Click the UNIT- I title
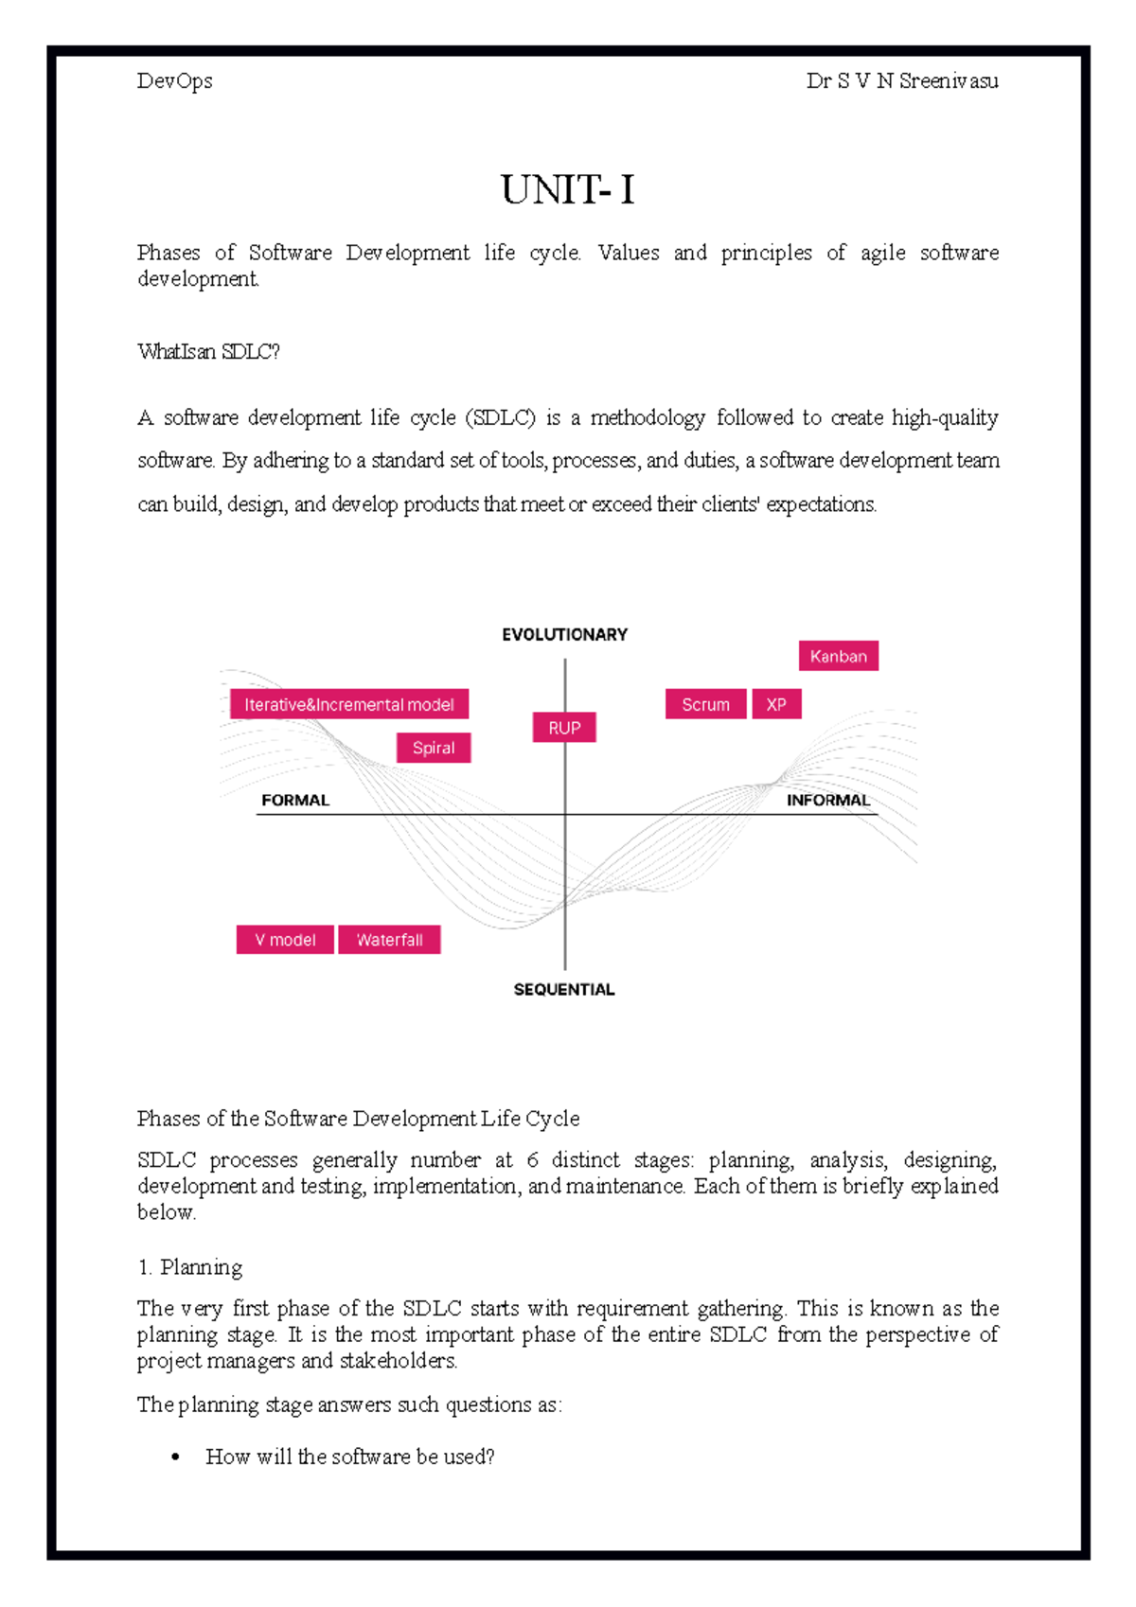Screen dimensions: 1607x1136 click(x=567, y=190)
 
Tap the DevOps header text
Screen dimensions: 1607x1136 click(x=174, y=81)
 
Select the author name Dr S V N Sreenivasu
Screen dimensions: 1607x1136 click(x=901, y=81)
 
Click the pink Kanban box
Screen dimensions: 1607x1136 click(x=838, y=656)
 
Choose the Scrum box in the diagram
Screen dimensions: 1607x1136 click(x=705, y=704)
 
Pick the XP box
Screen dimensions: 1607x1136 click(x=776, y=704)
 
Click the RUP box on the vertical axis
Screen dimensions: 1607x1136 click(x=564, y=728)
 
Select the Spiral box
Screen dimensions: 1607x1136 click(x=434, y=748)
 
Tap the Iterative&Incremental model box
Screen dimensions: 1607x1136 click(x=349, y=704)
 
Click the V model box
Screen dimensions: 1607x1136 click(x=285, y=940)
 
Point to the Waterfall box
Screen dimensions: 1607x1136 click(x=389, y=940)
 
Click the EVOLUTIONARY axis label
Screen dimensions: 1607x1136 click(x=564, y=635)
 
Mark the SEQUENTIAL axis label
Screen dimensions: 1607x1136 click(x=564, y=990)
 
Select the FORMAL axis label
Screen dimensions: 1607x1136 click(x=295, y=801)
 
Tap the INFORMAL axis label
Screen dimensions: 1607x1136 click(x=827, y=801)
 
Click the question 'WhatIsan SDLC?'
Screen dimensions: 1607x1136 click(x=208, y=352)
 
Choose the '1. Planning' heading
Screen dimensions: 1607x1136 click(x=190, y=1267)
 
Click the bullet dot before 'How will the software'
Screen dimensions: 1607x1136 click(x=175, y=1457)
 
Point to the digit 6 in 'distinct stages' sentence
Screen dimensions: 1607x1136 click(x=532, y=1160)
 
